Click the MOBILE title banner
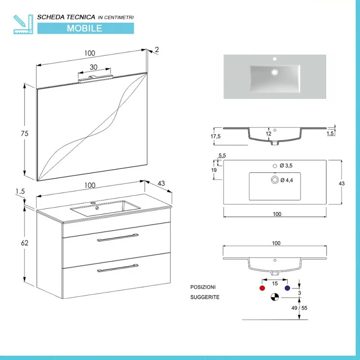pos(85,28)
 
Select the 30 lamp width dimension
pos(94,67)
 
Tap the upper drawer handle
pos(118,238)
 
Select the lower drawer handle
pos(118,269)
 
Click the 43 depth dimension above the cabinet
pos(162,184)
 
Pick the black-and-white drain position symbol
pos(274,297)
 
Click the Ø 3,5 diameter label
pos(286,166)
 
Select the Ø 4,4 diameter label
pos(286,180)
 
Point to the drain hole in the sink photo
pos(273,72)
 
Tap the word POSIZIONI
pos(203,287)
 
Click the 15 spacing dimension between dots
pos(274,283)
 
